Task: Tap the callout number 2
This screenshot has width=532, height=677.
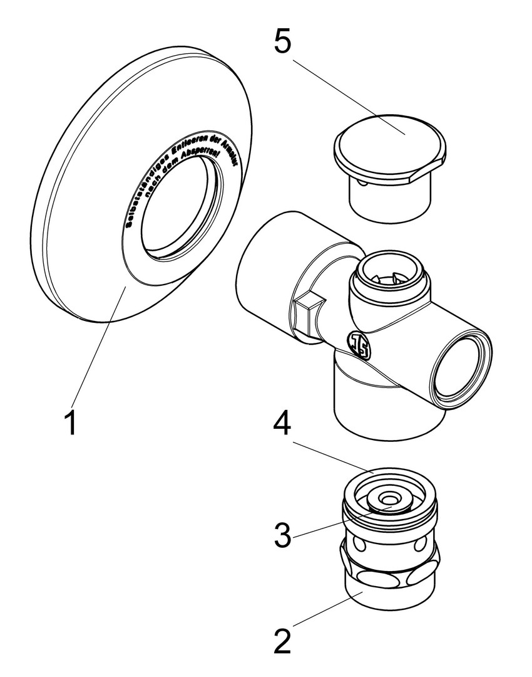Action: [x=282, y=640]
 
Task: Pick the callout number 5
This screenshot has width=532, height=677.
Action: [x=282, y=42]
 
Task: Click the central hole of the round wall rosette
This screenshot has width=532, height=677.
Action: [x=178, y=207]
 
